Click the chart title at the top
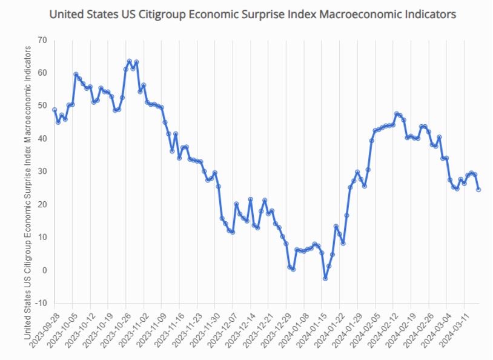252,13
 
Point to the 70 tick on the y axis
42,40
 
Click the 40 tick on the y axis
42,139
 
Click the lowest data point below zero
325,278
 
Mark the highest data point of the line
129,61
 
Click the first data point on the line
55,110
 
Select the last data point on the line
479,190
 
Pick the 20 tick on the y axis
42,204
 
